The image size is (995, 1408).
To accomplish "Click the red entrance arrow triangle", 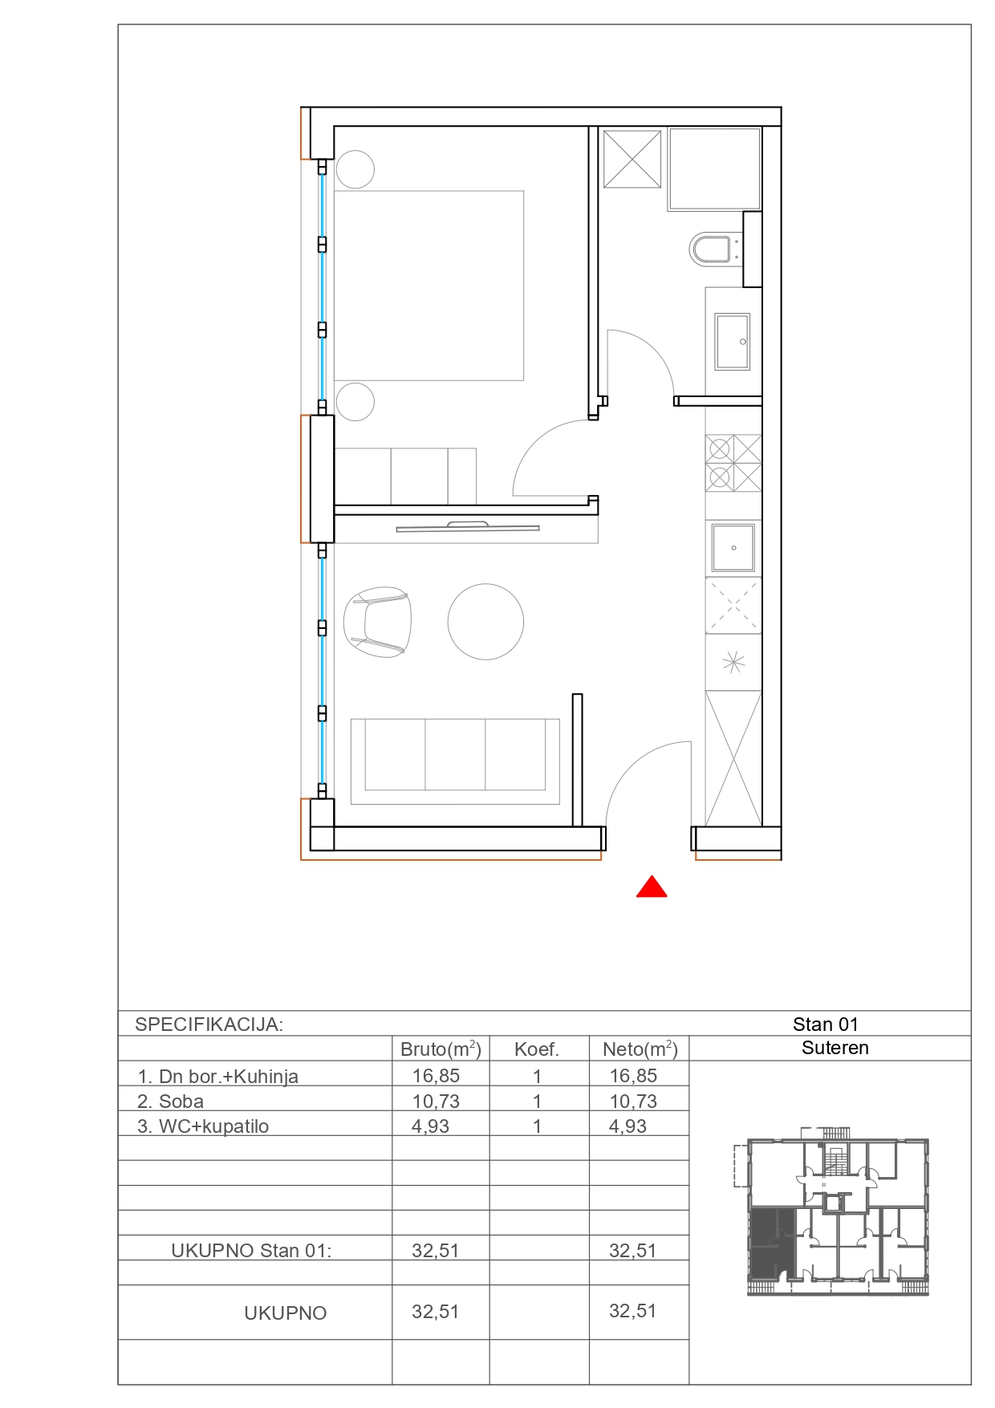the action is coord(652,887).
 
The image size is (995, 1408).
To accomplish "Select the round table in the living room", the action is coord(485,622).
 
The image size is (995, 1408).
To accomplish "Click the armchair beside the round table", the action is coord(377,622).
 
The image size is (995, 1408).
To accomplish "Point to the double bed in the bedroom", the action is coord(428,286).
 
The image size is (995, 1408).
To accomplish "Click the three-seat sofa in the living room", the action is coord(455,761).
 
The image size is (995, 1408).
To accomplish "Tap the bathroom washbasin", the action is coord(732,341).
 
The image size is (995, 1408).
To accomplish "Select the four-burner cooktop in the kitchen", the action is coord(733,463).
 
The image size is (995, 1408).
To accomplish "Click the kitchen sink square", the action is coord(733,548).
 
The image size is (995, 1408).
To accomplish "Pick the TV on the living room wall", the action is coord(468,527).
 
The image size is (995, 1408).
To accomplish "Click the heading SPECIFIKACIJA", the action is coord(209,1025).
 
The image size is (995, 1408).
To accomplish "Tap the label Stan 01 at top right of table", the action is coord(826,1025).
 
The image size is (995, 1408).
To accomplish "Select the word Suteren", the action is coord(835,1048).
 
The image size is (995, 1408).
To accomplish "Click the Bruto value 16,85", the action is coord(436,1076).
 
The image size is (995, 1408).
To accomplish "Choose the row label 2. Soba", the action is coord(170,1102).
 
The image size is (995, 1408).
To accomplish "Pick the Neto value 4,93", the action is coord(627,1126).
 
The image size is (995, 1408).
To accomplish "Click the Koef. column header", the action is coord(537,1049).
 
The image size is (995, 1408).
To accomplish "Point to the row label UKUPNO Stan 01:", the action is coord(251,1251).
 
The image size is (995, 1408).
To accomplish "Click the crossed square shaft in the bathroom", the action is coord(632,159).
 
